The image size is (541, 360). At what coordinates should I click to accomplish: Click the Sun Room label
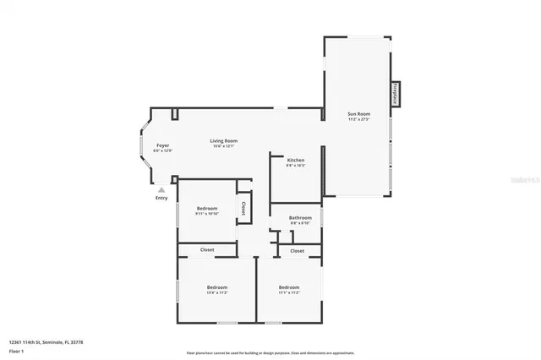(x=358, y=113)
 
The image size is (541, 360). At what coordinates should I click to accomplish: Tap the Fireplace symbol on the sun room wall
(x=395, y=94)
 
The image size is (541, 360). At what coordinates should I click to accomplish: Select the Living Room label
(x=224, y=140)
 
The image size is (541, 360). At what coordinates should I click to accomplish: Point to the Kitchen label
(x=296, y=160)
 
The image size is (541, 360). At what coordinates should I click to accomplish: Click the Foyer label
(x=163, y=145)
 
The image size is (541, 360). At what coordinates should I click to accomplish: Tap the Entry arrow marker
(x=161, y=190)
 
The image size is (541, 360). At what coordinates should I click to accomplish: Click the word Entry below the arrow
(x=161, y=199)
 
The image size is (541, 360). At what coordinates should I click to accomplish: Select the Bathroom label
(x=300, y=218)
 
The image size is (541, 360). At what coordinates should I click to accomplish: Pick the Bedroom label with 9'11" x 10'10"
(x=207, y=208)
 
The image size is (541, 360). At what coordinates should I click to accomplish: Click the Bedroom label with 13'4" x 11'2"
(x=217, y=287)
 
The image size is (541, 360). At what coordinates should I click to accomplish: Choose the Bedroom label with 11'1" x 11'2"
(x=290, y=287)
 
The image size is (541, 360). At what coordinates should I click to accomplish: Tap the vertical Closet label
(x=243, y=206)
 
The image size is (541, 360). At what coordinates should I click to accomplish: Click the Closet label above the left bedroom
(x=207, y=250)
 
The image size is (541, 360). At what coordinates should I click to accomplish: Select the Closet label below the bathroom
(x=297, y=251)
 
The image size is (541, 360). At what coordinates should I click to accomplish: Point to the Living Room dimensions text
(x=224, y=146)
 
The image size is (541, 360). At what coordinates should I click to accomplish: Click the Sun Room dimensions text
(x=358, y=119)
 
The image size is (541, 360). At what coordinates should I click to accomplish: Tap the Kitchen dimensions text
(x=296, y=166)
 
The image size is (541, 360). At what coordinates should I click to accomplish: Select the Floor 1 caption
(x=17, y=351)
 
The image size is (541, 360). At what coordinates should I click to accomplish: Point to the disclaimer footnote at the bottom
(x=270, y=352)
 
